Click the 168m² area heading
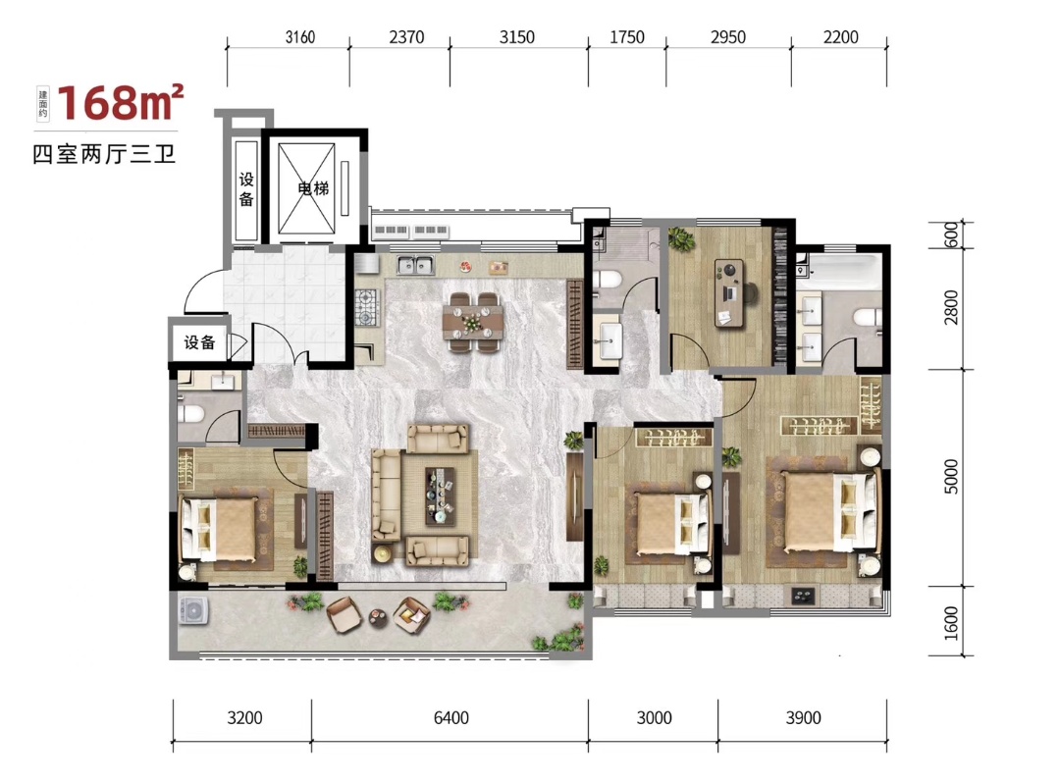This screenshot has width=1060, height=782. (x=121, y=103)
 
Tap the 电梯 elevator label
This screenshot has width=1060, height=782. (x=313, y=188)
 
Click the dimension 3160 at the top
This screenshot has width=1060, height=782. (x=299, y=37)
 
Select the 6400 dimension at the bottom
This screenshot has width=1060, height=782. (x=450, y=717)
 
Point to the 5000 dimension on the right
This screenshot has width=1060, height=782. (x=951, y=477)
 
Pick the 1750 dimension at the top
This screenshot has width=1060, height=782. (x=626, y=37)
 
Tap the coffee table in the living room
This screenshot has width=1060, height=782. (x=440, y=495)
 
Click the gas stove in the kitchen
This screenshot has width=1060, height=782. (x=368, y=307)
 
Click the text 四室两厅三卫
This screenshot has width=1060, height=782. (x=105, y=154)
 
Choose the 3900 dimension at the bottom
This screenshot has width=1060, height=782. (x=803, y=717)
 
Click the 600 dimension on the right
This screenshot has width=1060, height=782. (x=951, y=235)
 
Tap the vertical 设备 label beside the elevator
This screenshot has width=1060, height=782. (x=246, y=188)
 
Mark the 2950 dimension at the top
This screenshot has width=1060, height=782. (x=728, y=37)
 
